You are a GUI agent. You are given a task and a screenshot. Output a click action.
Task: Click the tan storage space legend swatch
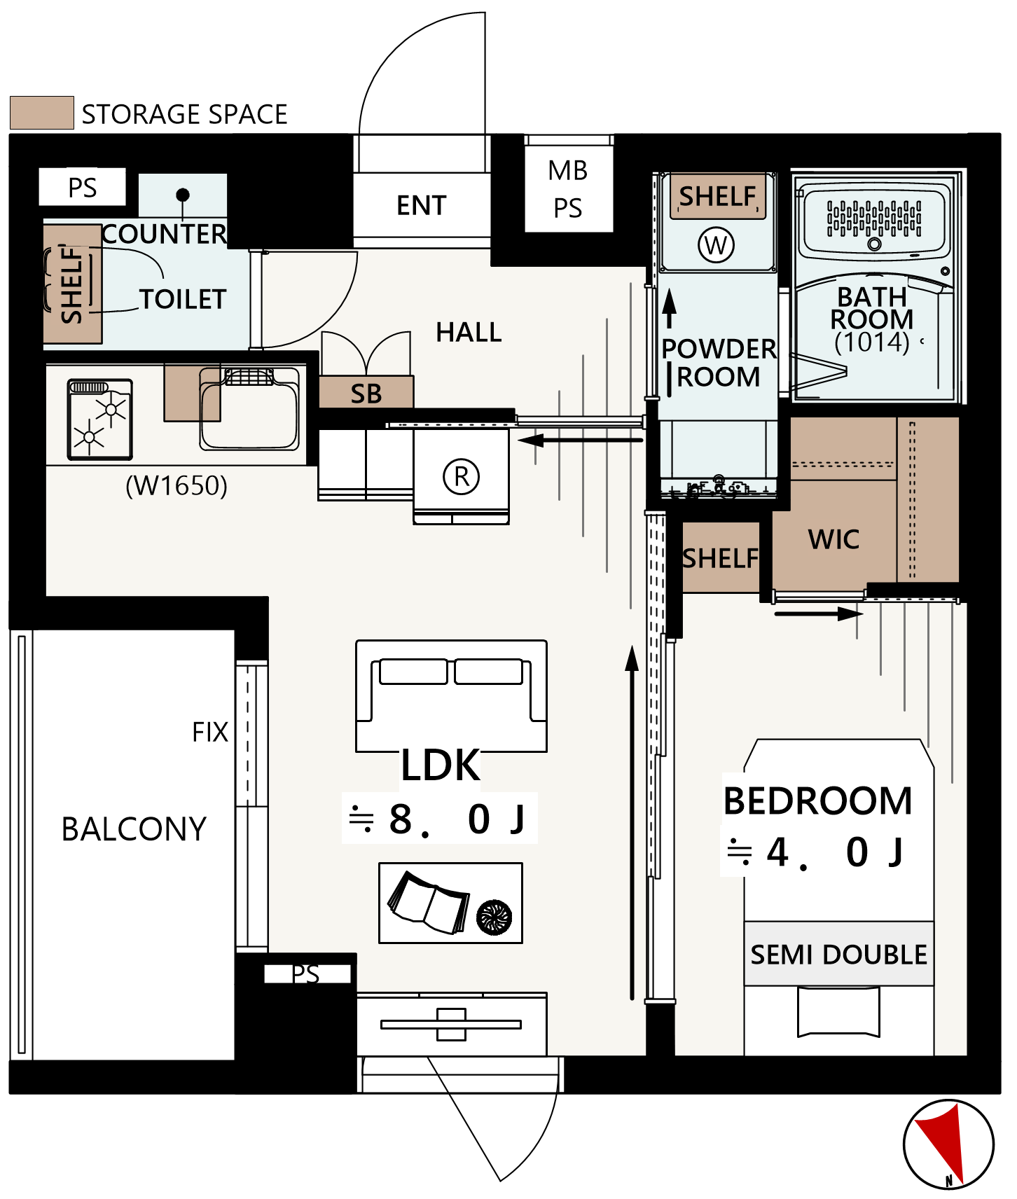pos(42,113)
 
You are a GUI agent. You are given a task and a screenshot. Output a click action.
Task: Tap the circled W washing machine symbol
pos(716,245)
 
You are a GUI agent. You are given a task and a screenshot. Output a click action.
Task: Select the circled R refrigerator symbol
pos(462,476)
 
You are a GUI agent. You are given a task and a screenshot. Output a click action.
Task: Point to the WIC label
pos(833,539)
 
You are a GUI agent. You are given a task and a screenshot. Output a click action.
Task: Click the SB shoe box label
pos(366,394)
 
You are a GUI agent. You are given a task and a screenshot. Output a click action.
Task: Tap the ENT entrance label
pos(421,205)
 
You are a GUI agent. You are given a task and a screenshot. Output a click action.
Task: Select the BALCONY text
pos(134,829)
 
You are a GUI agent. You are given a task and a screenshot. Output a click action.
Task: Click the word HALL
pos(469,332)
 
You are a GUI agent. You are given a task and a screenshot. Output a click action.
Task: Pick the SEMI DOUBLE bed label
pos(839,955)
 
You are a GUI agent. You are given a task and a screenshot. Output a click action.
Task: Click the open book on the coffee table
pos(428,903)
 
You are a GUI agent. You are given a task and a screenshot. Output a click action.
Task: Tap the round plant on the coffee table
pos(494,917)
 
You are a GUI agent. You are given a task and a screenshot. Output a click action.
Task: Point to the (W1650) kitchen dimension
pos(177,485)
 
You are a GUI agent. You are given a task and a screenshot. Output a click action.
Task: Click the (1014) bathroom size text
pos(872,342)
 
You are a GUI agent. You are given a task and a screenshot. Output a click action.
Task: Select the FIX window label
pos(210,732)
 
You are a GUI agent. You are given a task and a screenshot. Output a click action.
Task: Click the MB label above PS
pos(567,170)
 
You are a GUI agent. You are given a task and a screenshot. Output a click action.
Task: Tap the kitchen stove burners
pos(99,420)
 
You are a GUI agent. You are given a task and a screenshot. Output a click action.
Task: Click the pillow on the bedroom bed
pos(839,1011)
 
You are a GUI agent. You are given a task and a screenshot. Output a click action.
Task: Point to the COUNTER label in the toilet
pos(165,234)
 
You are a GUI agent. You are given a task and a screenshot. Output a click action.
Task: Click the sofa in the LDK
pos(451,695)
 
